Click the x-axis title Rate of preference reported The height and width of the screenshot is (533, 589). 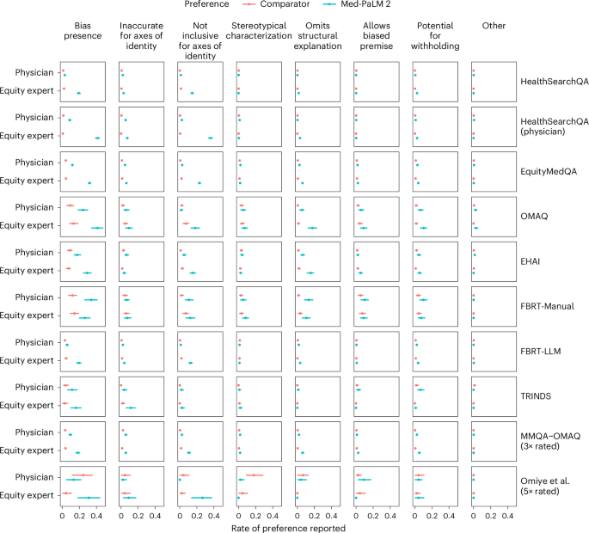[x=288, y=528]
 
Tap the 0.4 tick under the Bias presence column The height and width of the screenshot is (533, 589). [x=97, y=514]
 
